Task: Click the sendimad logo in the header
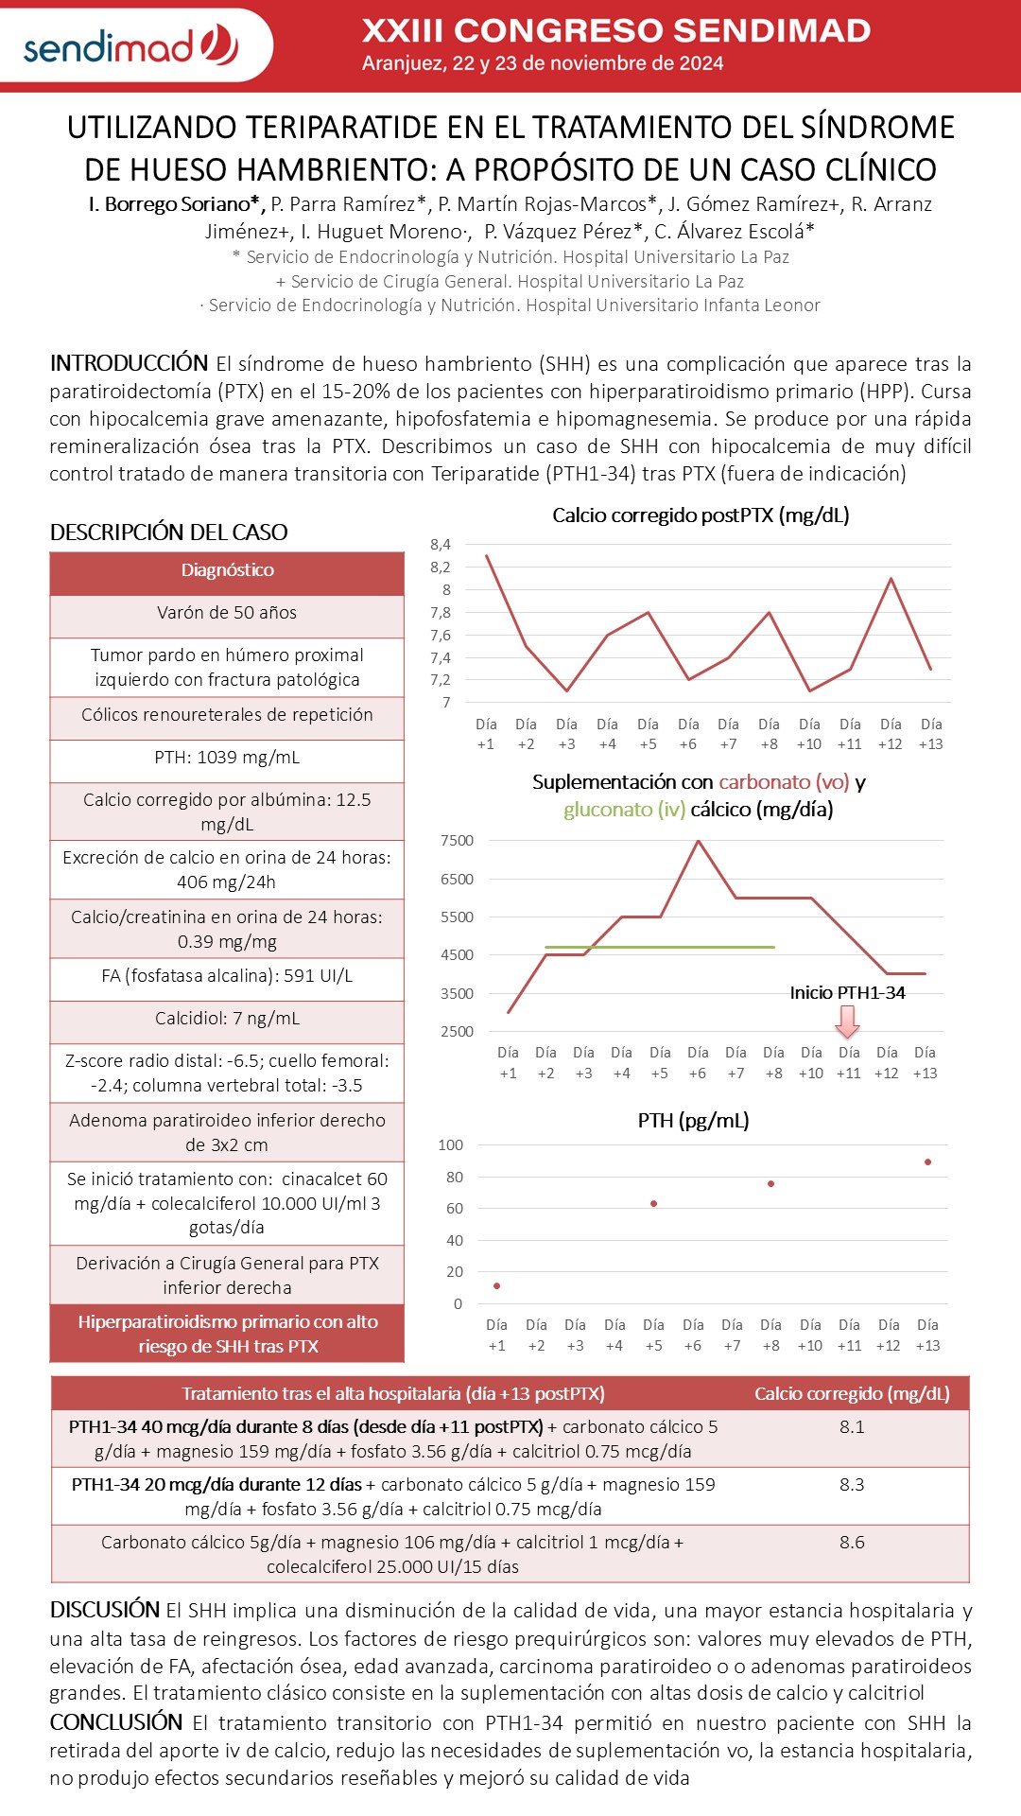131,45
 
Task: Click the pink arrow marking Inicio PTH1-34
848,1021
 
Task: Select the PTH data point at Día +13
927,1161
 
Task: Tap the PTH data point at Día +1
496,1285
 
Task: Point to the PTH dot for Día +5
653,1203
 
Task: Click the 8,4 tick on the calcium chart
441,544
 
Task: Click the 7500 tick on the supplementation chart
457,840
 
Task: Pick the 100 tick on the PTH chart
450,1144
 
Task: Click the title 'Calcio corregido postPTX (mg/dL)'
701,515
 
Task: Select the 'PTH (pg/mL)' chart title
693,1121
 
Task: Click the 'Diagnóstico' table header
227,570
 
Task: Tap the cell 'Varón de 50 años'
227,613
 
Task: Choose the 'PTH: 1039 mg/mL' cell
227,758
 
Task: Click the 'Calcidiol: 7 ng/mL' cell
227,1019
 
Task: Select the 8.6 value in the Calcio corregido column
852,1542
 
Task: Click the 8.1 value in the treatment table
852,1426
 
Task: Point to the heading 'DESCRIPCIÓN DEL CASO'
168,533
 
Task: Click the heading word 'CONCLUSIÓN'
116,1721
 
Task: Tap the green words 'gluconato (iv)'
624,810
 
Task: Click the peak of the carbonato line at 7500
698,841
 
